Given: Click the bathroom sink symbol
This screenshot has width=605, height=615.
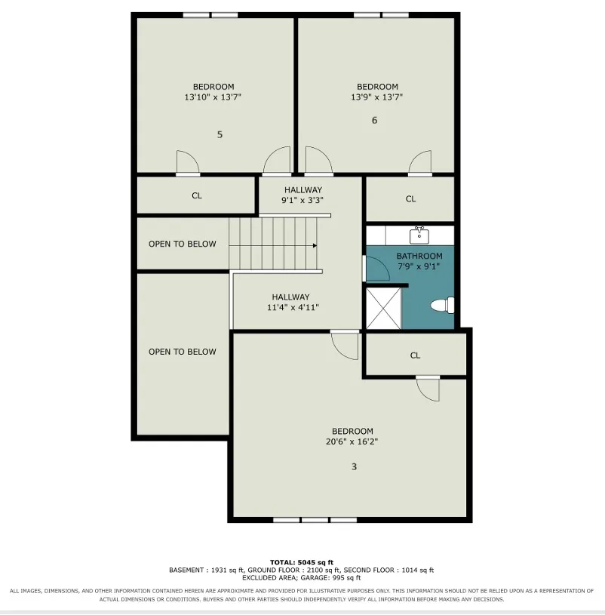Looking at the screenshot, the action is [x=419, y=235].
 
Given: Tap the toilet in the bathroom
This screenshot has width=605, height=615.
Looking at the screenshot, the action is [x=443, y=305].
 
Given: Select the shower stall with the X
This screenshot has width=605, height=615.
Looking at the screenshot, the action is [x=383, y=309].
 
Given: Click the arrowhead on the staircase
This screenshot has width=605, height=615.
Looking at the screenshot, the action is [x=315, y=246].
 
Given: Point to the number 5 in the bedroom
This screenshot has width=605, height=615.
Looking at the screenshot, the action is [x=220, y=134].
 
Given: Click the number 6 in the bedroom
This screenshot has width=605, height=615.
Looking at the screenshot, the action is [x=374, y=121].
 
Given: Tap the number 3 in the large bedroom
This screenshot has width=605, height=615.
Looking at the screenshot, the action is [x=354, y=467].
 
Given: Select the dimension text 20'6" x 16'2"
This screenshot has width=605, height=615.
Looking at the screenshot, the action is [x=352, y=441].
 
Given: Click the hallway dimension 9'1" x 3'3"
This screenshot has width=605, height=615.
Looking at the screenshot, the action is [x=302, y=200].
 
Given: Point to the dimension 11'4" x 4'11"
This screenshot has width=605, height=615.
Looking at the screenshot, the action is [x=293, y=308].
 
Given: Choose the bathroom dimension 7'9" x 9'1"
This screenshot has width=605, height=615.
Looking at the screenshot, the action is [x=419, y=266].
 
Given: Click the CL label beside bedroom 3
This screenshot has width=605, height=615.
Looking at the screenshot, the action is [x=415, y=355].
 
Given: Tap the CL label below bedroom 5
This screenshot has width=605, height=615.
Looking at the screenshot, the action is [x=197, y=195].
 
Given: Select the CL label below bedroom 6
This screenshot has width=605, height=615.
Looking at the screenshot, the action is [x=410, y=199].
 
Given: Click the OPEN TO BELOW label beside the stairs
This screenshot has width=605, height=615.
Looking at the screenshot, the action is [x=183, y=244].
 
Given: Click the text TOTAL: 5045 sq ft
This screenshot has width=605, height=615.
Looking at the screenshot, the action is [x=302, y=562].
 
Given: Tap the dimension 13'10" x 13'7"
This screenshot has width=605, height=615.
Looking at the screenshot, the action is [x=213, y=97].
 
